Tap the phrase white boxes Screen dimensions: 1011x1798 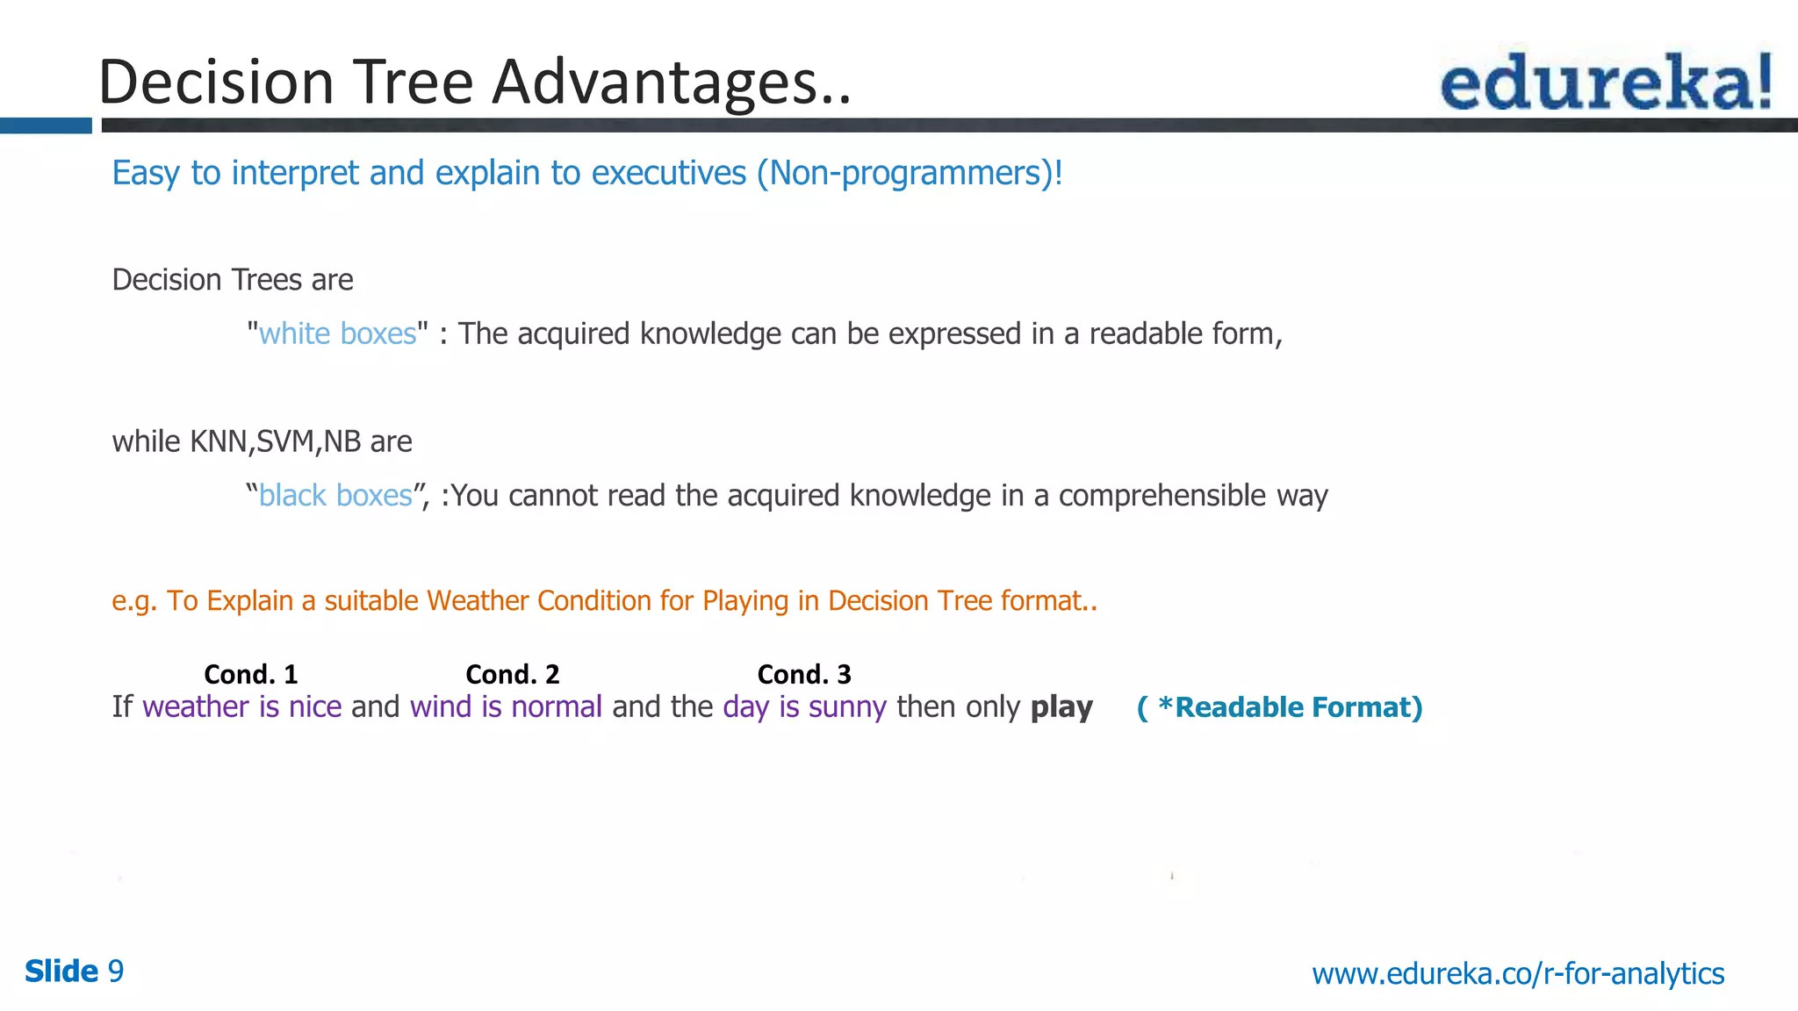337,334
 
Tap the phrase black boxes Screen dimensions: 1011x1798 335,496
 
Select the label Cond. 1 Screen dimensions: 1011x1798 251,674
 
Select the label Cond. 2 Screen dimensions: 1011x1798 513,674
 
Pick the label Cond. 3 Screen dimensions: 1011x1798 804,674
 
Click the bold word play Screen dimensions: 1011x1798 1061,707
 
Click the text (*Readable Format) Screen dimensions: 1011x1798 1280,707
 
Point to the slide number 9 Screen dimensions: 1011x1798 115,972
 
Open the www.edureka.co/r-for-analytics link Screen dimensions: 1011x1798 1518,973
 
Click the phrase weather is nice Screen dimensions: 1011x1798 242,707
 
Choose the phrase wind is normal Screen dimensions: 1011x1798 506,707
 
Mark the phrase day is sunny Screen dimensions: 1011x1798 804,707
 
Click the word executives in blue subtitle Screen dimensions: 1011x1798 668,174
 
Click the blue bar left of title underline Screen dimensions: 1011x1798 46,125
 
